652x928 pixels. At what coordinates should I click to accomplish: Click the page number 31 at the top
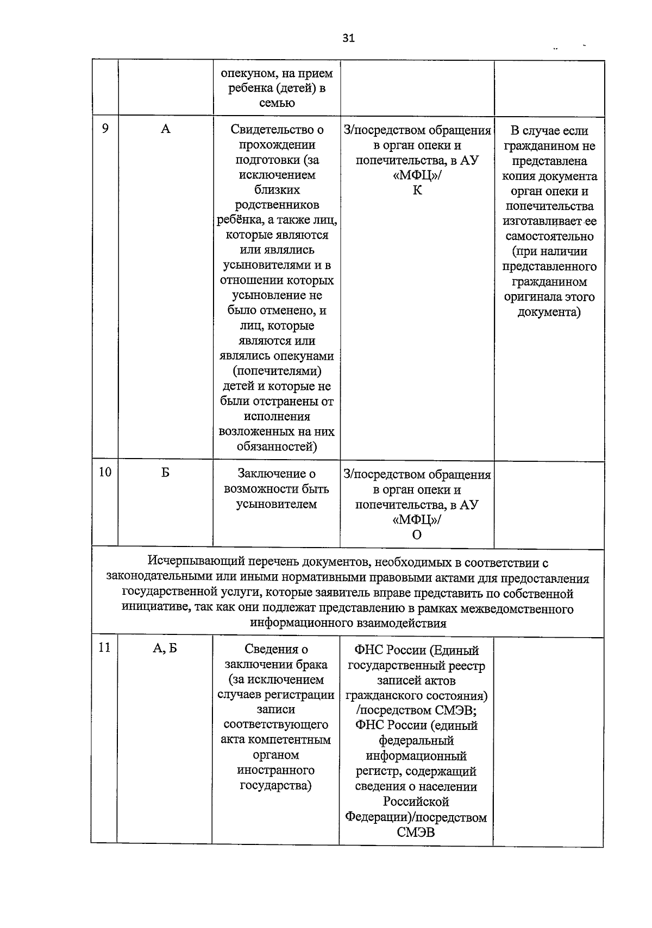(x=348, y=38)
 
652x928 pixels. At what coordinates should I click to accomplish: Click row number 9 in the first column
(x=105, y=128)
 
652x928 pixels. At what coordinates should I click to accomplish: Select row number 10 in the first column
(x=105, y=472)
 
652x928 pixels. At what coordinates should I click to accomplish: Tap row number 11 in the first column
(x=104, y=647)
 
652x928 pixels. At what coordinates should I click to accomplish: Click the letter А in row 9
(x=166, y=129)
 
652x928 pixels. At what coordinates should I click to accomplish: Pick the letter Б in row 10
(x=165, y=473)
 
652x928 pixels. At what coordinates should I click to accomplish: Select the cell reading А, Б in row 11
(x=165, y=649)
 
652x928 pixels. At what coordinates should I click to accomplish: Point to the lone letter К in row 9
(x=417, y=190)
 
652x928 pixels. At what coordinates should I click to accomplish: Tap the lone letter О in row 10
(x=417, y=535)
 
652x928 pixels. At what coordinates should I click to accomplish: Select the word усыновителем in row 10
(x=276, y=504)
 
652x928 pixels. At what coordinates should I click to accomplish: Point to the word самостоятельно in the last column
(x=549, y=237)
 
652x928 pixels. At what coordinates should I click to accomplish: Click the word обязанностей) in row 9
(x=277, y=447)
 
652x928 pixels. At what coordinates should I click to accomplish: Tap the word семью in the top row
(x=277, y=103)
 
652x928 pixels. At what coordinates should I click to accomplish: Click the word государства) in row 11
(x=275, y=785)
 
